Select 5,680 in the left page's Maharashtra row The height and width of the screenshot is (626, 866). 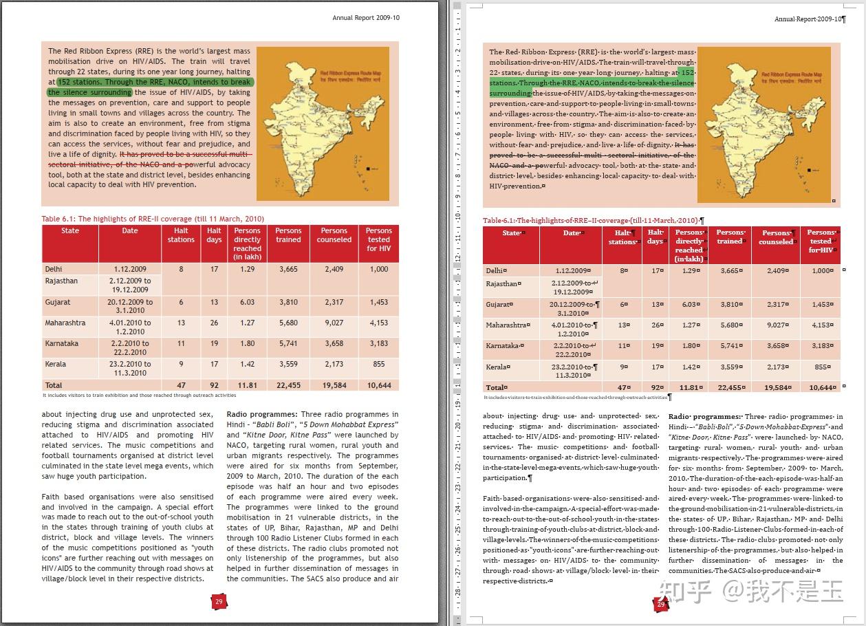pos(288,323)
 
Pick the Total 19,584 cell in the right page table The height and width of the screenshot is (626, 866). pos(776,387)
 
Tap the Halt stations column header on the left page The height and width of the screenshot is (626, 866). pos(181,235)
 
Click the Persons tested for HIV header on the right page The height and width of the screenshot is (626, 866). pos(821,241)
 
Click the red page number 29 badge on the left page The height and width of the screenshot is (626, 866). pos(219,602)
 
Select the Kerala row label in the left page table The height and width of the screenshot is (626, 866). pos(56,364)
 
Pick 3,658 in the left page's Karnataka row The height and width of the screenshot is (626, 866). pos(334,343)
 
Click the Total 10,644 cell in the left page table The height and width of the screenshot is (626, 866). pos(379,386)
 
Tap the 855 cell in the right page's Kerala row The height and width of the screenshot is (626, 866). pos(821,367)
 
